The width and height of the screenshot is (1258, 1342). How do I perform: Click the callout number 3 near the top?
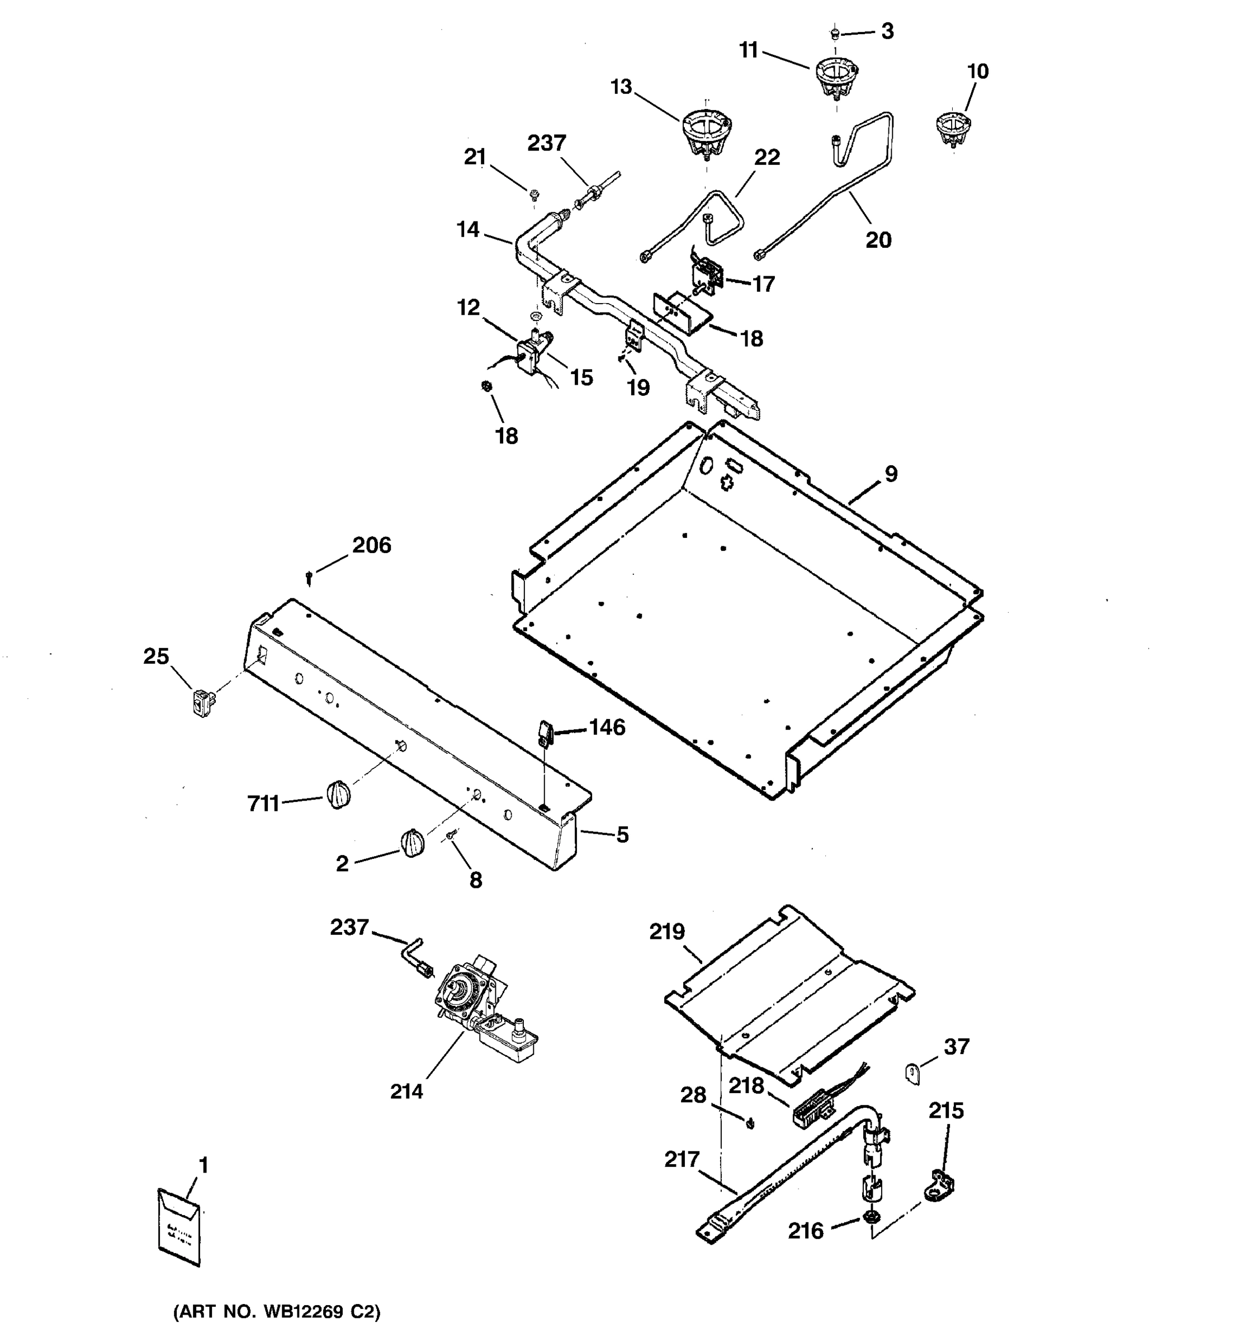pyautogui.click(x=887, y=31)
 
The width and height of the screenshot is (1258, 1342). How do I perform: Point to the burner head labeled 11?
pyautogui.click(x=837, y=75)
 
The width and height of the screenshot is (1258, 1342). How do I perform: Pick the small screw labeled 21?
pyautogui.click(x=534, y=195)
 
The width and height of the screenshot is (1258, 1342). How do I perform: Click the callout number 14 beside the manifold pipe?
pyautogui.click(x=468, y=229)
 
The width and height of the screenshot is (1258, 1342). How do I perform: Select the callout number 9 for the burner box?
pyautogui.click(x=891, y=474)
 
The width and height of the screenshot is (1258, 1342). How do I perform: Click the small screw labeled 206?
pyautogui.click(x=309, y=578)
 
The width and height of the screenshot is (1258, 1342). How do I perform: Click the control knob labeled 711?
pyautogui.click(x=339, y=793)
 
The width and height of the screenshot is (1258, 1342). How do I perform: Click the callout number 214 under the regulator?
pyautogui.click(x=406, y=1091)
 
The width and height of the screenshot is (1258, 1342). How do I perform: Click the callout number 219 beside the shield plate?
pyautogui.click(x=667, y=932)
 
